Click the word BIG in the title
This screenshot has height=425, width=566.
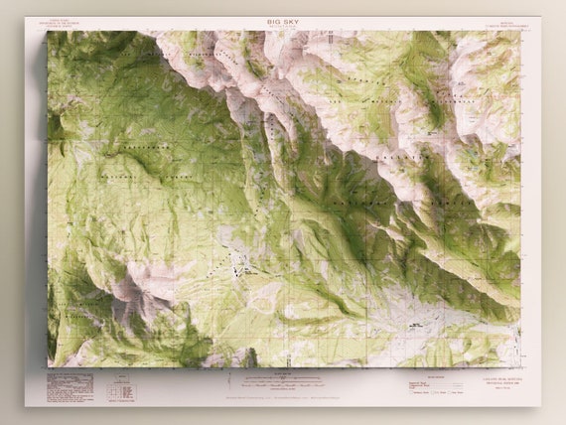pos(274,20)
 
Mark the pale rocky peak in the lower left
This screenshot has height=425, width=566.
pos(129,288)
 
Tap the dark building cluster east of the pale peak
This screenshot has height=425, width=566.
pos(236,264)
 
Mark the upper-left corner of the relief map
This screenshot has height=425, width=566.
pos(48,33)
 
